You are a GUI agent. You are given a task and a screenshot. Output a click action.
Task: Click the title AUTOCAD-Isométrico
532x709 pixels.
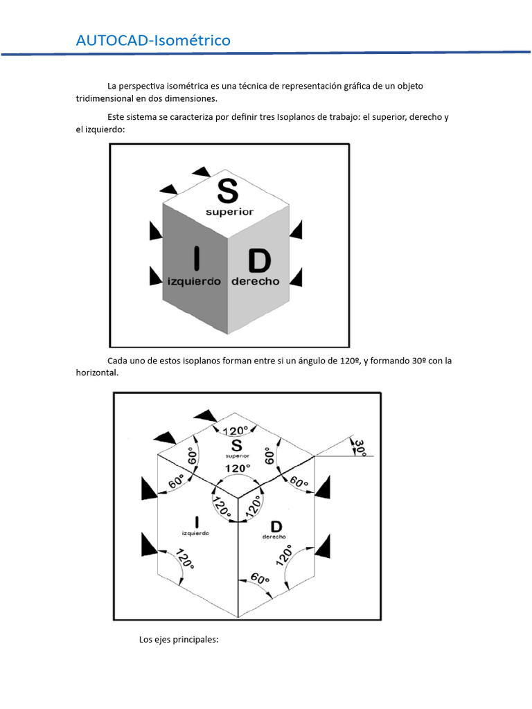[x=153, y=41]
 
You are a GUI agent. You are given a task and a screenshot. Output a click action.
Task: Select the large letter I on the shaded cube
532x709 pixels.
[x=196, y=258]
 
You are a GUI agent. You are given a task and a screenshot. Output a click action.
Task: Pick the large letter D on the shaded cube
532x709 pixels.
[x=258, y=262]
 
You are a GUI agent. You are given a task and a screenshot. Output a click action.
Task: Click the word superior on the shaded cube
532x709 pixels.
[x=229, y=212]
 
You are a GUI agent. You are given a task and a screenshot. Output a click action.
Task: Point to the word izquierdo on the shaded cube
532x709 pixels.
[x=194, y=282]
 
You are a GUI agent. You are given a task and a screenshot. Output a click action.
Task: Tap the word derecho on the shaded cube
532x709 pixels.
[x=255, y=282]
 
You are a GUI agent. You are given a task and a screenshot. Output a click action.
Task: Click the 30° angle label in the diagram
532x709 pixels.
[x=360, y=447]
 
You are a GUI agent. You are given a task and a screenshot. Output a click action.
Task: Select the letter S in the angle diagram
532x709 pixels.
[x=237, y=445]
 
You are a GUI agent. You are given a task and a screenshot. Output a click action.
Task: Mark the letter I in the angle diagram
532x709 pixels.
[x=196, y=523]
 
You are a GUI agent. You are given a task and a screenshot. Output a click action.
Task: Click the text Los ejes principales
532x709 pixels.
[x=179, y=639]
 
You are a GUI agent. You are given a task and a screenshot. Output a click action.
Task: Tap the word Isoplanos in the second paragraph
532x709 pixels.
[x=298, y=117]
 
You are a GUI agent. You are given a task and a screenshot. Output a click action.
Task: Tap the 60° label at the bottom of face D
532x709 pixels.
[x=260, y=578]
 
